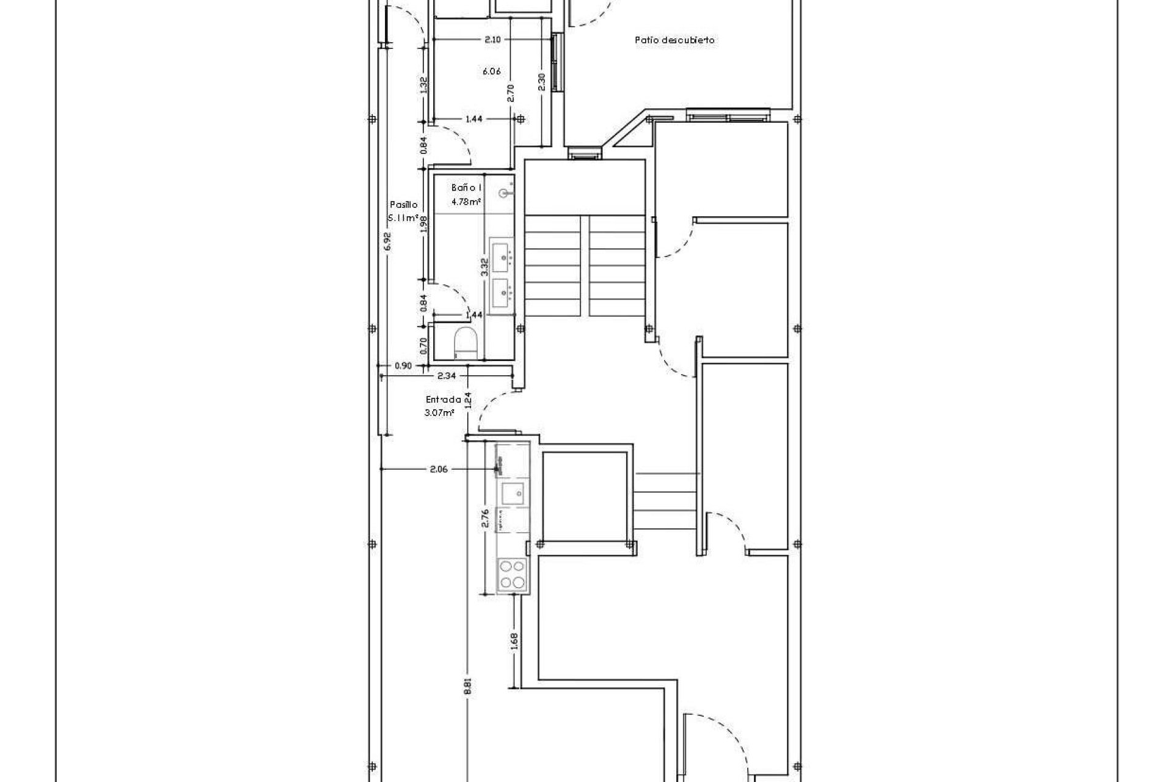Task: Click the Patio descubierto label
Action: click(x=674, y=40)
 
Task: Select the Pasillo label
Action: click(x=403, y=205)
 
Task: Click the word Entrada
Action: click(x=443, y=400)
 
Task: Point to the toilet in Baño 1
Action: click(x=466, y=343)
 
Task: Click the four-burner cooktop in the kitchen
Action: click(x=512, y=575)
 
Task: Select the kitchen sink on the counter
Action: click(x=512, y=492)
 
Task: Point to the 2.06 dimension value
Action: click(x=439, y=469)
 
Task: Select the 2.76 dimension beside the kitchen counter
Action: click(x=486, y=518)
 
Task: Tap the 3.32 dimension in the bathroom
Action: click(x=484, y=268)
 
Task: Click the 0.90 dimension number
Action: click(x=403, y=366)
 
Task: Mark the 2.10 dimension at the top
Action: click(x=492, y=40)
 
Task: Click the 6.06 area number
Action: click(x=491, y=71)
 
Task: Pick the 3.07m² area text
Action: click(x=439, y=413)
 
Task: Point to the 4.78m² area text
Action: click(x=466, y=202)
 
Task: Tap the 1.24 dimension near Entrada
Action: click(x=469, y=400)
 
